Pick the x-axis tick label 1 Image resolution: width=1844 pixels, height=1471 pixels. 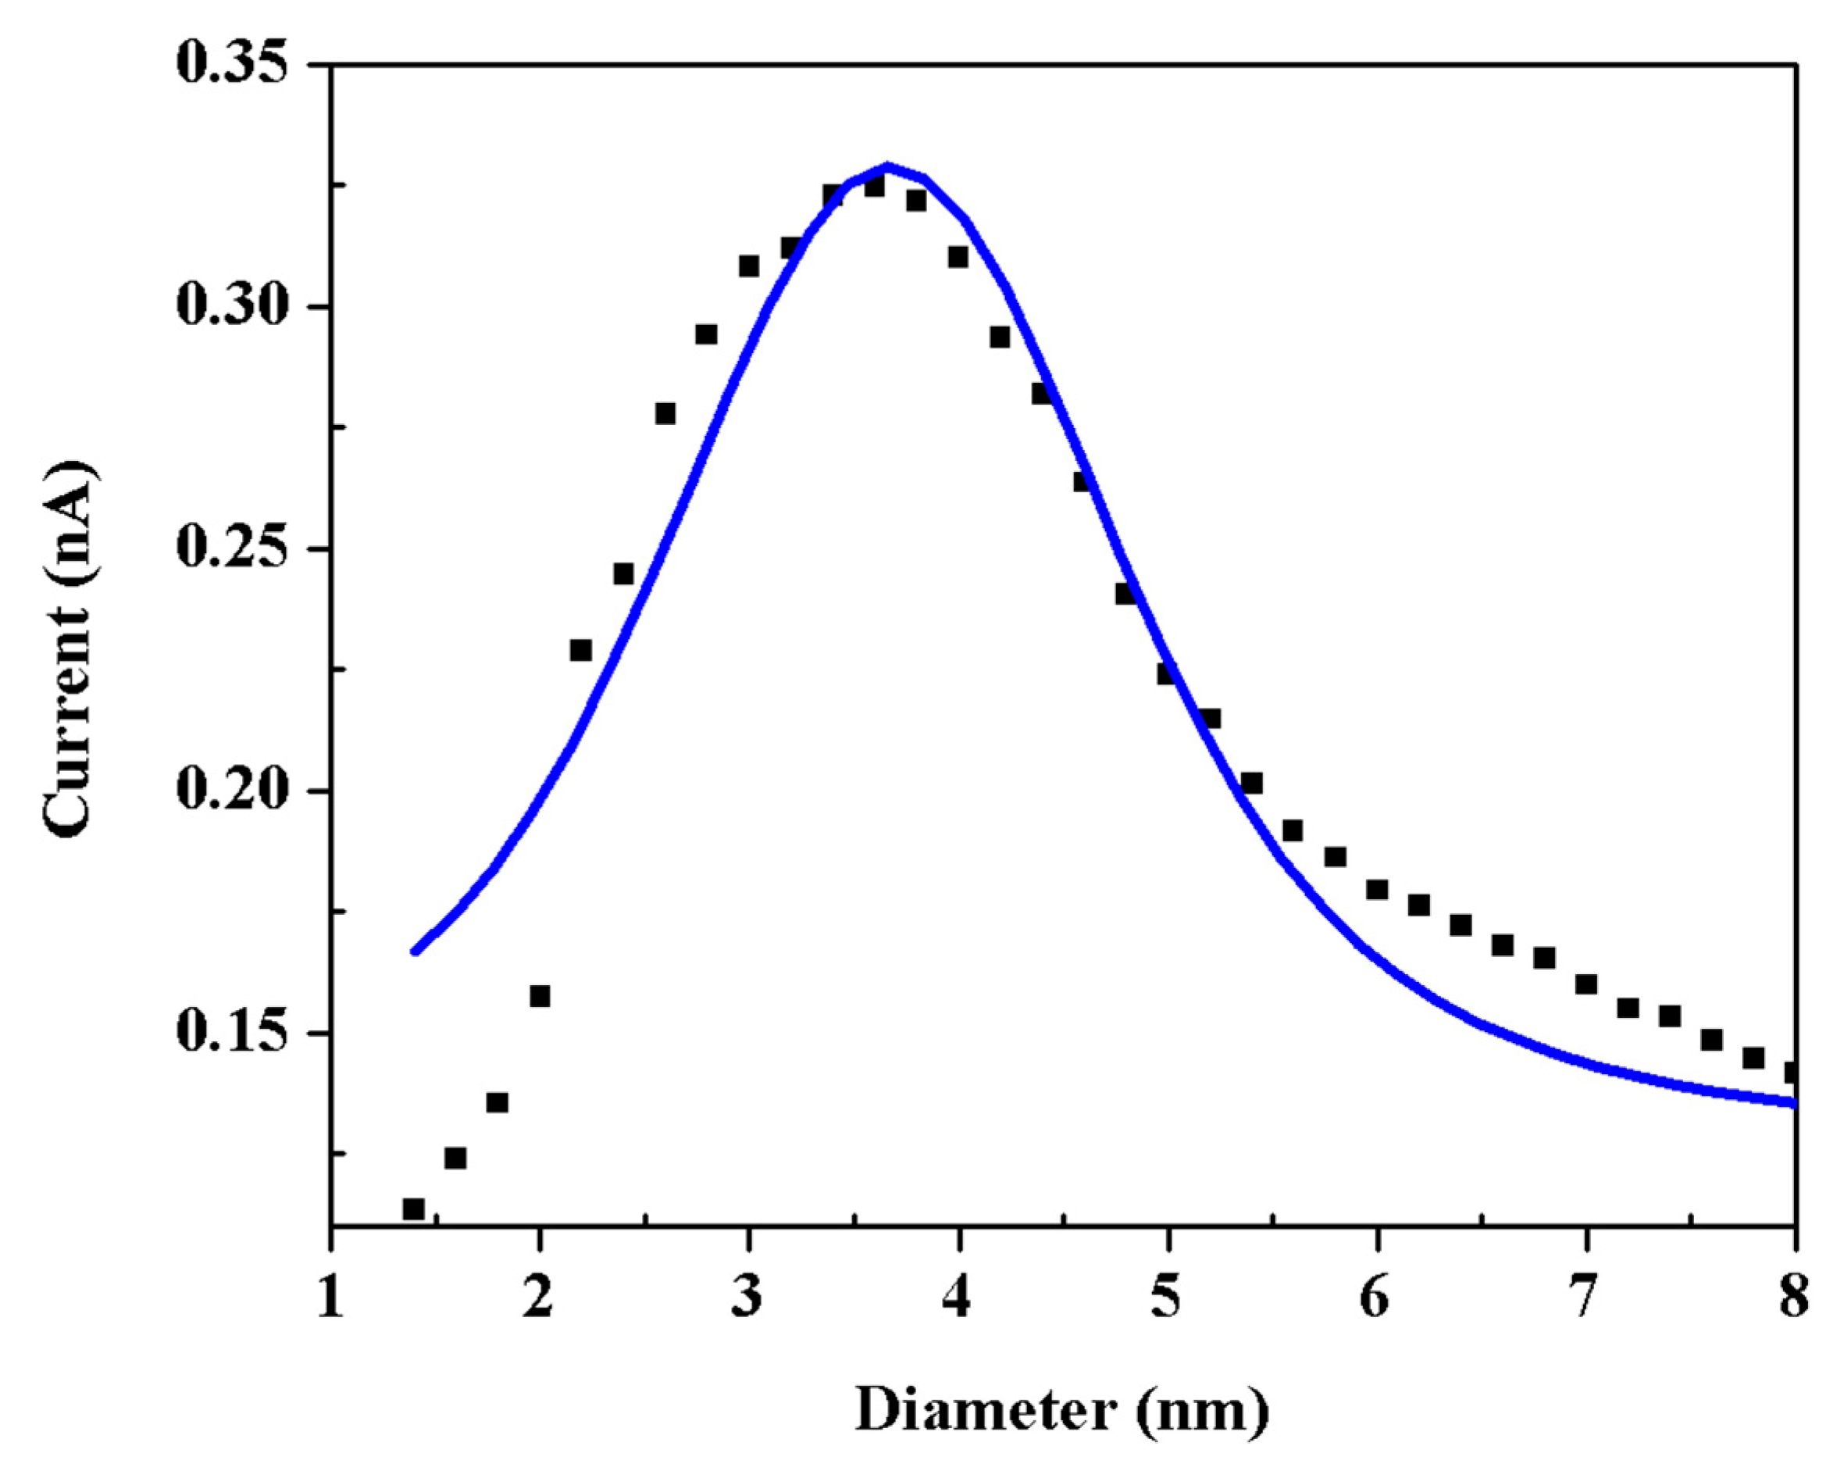coord(330,1298)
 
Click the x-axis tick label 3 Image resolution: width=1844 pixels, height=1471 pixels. coord(748,1298)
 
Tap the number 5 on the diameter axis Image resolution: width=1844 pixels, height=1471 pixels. coord(1167,1298)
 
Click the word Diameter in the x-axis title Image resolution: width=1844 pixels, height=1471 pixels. coord(986,1409)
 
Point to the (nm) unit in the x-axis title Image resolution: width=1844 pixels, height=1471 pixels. coord(1204,1409)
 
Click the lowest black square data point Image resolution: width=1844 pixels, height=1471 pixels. coord(413,1209)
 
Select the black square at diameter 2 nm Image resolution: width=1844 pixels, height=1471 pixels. coord(540,996)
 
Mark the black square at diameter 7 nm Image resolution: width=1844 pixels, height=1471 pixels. coord(1585,984)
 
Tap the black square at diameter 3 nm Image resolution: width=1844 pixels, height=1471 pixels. coord(749,266)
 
